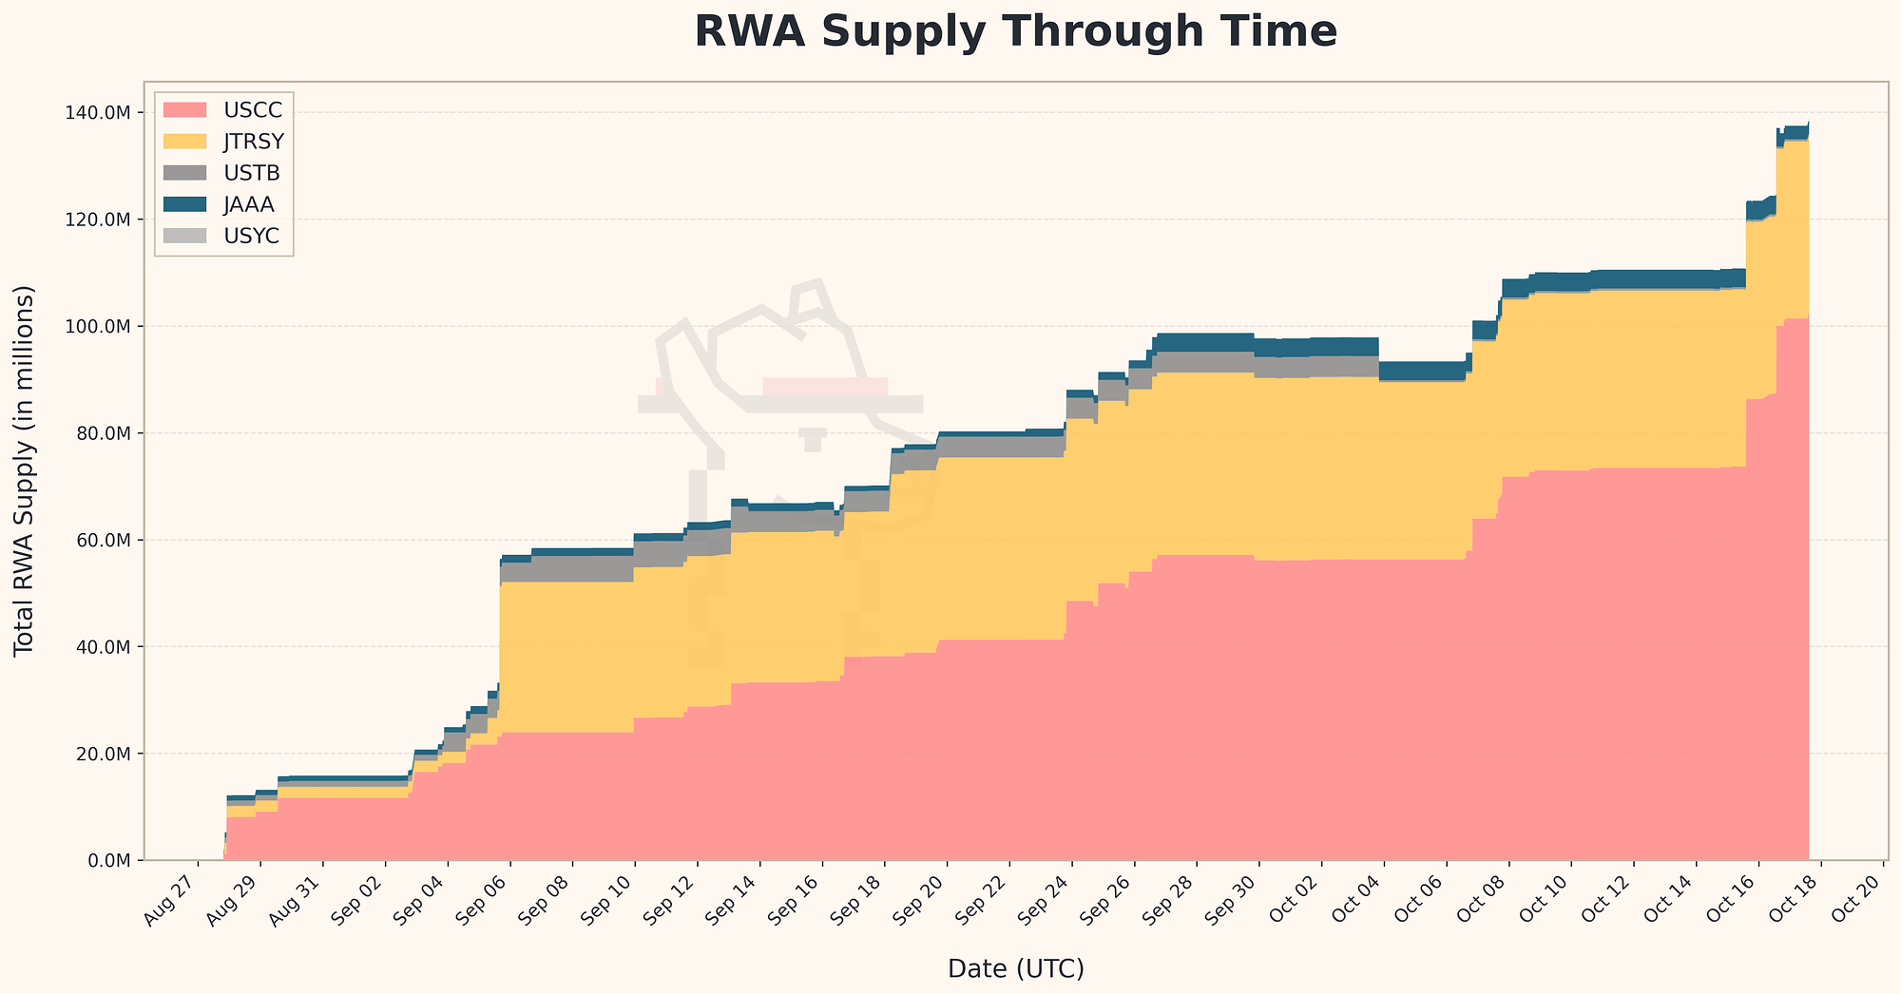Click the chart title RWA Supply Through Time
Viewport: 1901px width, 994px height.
coord(1015,32)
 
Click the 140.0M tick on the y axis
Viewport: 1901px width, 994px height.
coord(101,113)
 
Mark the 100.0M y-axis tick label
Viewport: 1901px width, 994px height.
coord(101,327)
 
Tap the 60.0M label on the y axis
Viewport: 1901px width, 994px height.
coord(105,540)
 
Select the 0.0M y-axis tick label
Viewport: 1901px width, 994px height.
coord(108,860)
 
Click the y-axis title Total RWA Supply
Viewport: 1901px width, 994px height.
coord(25,470)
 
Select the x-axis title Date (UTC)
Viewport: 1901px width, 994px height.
coord(1015,968)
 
